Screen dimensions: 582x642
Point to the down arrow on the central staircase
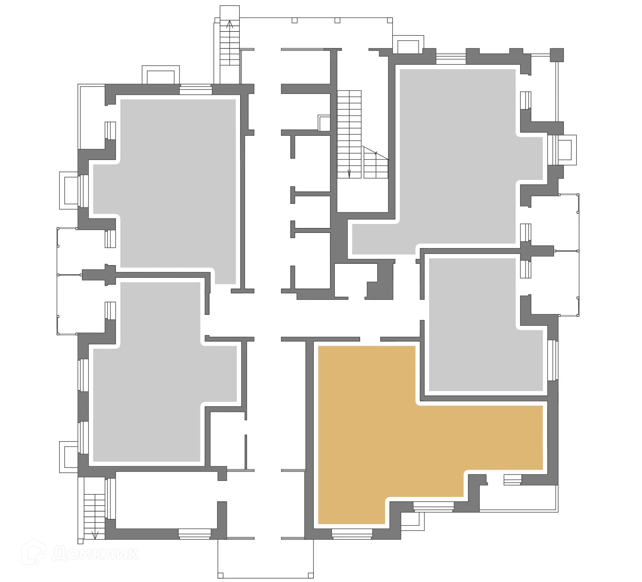[349, 173]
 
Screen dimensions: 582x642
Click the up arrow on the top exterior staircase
[230, 24]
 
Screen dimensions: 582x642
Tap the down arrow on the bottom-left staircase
[95, 544]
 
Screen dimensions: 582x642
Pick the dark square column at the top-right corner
[557, 55]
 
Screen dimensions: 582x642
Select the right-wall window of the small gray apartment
[553, 360]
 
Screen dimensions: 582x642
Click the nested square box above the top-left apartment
[160, 75]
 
